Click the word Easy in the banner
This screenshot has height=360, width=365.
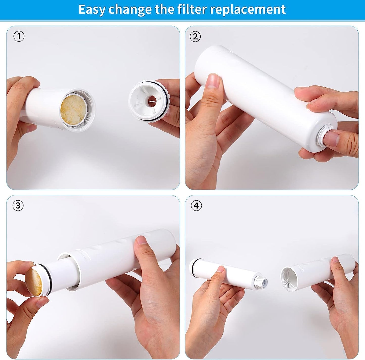click(x=92, y=10)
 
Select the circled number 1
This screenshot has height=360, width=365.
click(x=19, y=36)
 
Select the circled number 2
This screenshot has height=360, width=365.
click(x=195, y=36)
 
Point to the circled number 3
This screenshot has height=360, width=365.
click(x=18, y=205)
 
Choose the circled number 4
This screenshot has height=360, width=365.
click(x=196, y=206)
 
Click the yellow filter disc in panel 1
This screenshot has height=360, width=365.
click(x=73, y=110)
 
